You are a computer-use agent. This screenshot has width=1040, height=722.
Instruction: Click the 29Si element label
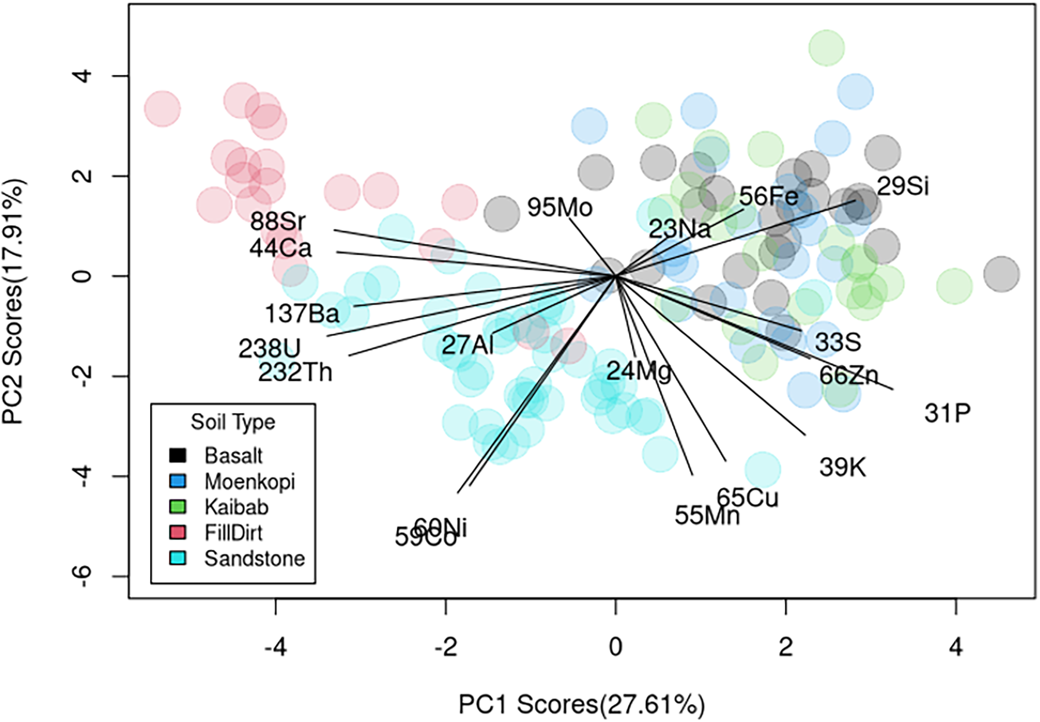click(903, 186)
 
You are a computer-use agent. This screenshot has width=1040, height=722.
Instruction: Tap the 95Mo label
click(560, 208)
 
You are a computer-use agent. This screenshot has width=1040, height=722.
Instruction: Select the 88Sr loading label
click(278, 221)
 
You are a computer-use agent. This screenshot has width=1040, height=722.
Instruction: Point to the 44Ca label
click(281, 248)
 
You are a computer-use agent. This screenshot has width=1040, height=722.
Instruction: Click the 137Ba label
click(302, 314)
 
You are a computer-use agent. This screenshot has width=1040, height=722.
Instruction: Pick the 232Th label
click(295, 372)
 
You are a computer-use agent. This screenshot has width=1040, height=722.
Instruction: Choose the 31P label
click(947, 413)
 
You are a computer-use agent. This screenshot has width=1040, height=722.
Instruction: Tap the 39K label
click(842, 467)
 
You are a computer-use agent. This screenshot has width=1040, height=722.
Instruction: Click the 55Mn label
click(707, 515)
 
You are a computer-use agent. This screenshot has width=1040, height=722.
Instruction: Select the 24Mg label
click(639, 370)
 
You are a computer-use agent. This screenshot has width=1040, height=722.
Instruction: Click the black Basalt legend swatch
click(177, 455)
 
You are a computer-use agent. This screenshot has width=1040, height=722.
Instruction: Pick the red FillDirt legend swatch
click(177, 532)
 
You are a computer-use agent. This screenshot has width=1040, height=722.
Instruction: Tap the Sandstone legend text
click(255, 558)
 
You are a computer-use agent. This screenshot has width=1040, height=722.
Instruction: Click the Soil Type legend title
click(233, 422)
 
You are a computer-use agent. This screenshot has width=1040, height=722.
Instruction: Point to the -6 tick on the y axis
click(83, 576)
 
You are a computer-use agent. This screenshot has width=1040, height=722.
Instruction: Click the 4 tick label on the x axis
click(955, 647)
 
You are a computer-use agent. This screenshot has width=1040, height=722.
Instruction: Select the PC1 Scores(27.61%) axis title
click(582, 705)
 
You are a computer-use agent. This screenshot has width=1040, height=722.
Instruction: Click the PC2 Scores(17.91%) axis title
click(13, 302)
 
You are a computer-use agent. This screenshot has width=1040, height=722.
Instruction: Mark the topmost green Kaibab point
click(826, 48)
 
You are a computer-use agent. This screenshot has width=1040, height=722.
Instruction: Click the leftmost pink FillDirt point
click(162, 108)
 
